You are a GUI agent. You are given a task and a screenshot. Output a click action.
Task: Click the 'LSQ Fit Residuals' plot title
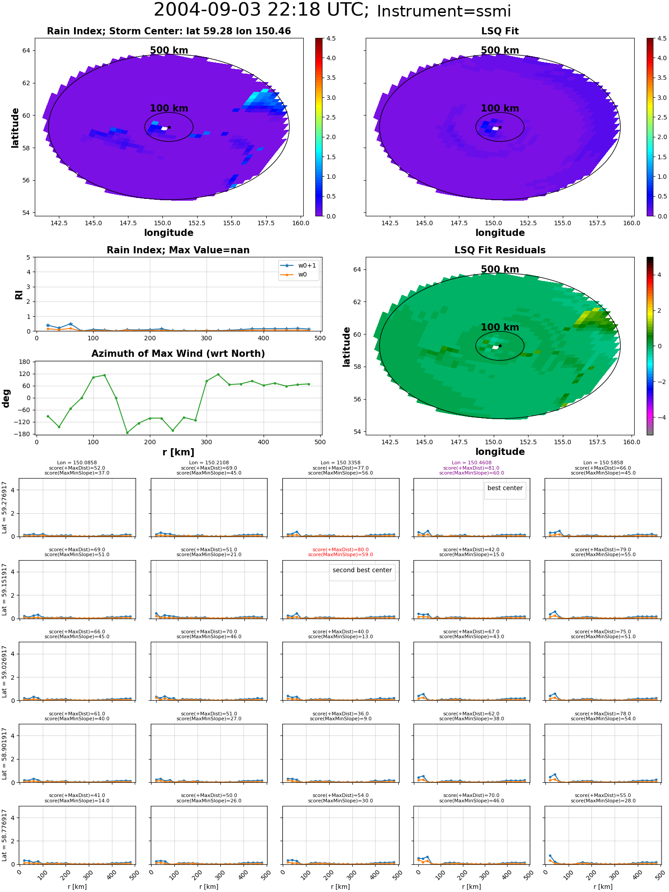[x=500, y=250]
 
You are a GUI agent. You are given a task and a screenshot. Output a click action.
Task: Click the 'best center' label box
[x=505, y=488]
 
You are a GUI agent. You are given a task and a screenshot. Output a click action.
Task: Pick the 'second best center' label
[x=362, y=570]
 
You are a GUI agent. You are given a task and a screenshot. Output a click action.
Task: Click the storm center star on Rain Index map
[x=169, y=127]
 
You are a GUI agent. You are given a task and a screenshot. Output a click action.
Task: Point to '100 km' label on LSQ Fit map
[x=500, y=108]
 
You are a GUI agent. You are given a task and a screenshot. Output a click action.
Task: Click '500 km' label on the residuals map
[x=500, y=269]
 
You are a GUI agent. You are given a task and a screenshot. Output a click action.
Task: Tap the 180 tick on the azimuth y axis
[x=25, y=362]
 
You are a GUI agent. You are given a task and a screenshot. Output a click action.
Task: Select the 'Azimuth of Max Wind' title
[x=178, y=354]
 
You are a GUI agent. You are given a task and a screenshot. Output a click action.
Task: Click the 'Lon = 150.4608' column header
[x=471, y=463]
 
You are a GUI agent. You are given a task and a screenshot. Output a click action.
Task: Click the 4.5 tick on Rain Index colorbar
[x=330, y=38]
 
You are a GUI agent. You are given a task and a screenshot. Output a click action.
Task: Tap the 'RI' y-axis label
[x=19, y=295]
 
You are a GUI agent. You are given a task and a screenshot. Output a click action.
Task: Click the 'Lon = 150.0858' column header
[x=77, y=463]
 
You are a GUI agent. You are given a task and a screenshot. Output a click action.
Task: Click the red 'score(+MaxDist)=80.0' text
[x=340, y=550]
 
